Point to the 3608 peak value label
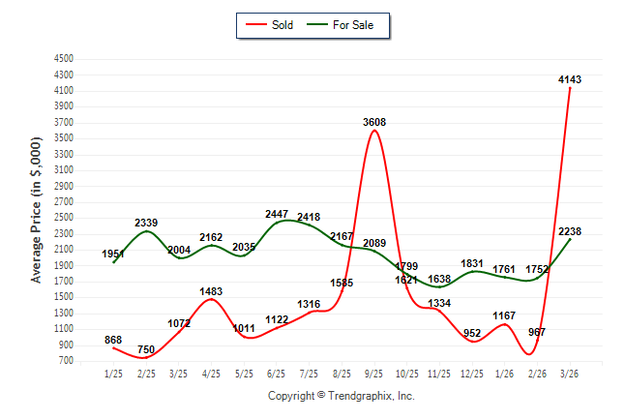[x=374, y=122]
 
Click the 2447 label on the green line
[x=277, y=214]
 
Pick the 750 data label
[x=145, y=349]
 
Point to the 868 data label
[x=113, y=339]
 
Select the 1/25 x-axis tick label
[x=113, y=374]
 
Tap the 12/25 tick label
[x=472, y=374]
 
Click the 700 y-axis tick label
[x=66, y=361]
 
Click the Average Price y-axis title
[x=37, y=209]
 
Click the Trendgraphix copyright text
[x=341, y=396]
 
